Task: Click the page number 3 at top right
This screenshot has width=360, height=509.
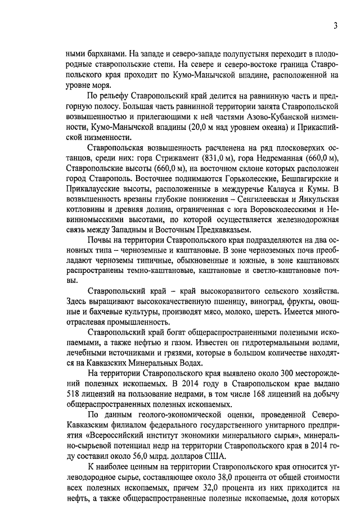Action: point(335,25)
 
